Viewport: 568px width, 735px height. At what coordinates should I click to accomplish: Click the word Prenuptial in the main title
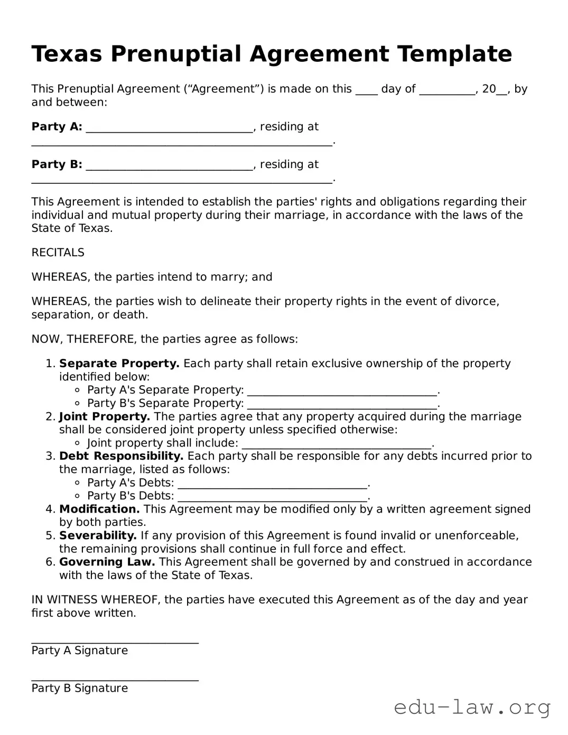(x=176, y=54)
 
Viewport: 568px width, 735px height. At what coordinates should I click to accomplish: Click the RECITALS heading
(x=58, y=253)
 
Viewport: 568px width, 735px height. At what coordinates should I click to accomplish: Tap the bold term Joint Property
(x=105, y=416)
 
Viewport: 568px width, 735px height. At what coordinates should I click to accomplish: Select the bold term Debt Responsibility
(x=121, y=456)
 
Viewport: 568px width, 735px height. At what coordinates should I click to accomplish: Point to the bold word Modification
(x=99, y=509)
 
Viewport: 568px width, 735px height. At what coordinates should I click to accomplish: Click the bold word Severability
(x=98, y=536)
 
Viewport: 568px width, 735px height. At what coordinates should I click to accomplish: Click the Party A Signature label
(x=79, y=650)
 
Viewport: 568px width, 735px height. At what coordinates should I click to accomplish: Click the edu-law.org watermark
(x=472, y=707)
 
